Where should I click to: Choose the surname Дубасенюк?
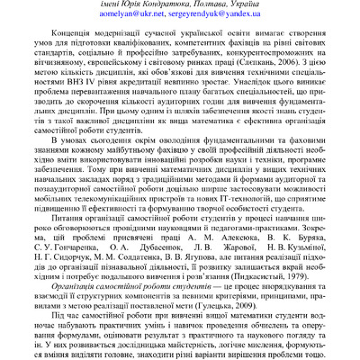[x=162, y=265]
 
